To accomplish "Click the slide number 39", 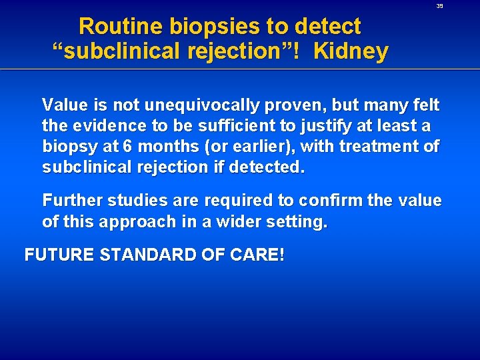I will pos(439,6).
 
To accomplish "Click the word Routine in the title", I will pos(121,27).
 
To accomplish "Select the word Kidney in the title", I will pos(351,51).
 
